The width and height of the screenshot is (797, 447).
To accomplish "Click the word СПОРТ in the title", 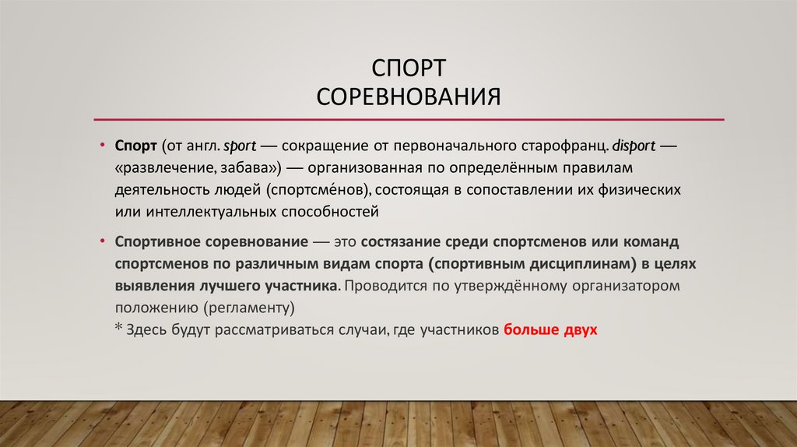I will coord(409,69).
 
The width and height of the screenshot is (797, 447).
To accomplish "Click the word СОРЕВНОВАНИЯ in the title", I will coord(409,99).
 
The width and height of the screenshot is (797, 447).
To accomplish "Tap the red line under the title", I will coord(409,119).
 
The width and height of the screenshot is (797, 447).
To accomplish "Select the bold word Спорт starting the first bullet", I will coord(136,146).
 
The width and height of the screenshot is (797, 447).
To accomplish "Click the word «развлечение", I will coord(163,167).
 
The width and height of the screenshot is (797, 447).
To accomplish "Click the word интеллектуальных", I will coord(207,210).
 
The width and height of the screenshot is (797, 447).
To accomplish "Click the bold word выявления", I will coord(155,285).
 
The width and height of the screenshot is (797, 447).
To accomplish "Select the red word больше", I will coord(532,329).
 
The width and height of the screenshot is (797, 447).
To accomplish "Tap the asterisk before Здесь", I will coord(119,327).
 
